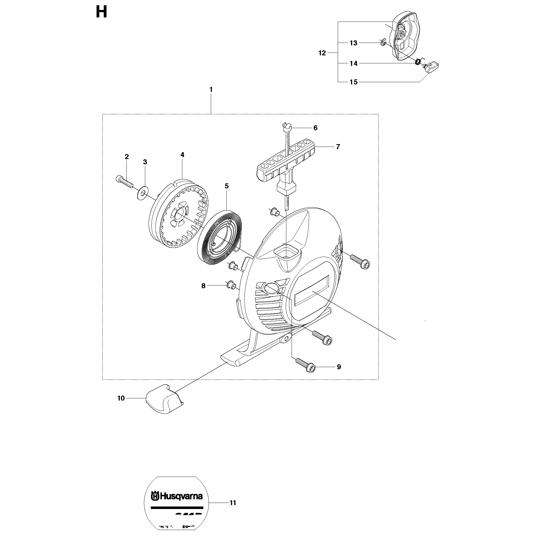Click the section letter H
click(x=101, y=12)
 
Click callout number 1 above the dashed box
click(x=211, y=90)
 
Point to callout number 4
click(x=182, y=155)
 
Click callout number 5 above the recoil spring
click(x=227, y=186)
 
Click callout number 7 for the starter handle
click(x=338, y=147)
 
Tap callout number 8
click(x=204, y=286)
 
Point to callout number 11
click(x=233, y=503)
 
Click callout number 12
click(x=322, y=53)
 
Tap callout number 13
click(x=354, y=43)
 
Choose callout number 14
click(x=354, y=64)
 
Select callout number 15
click(x=354, y=82)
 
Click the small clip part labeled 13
click(x=382, y=43)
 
